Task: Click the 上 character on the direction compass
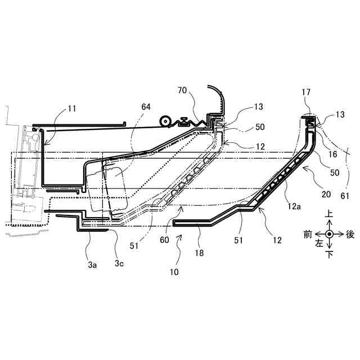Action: (329, 214)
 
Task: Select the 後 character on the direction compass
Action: (350, 234)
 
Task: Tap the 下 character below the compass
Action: (329, 254)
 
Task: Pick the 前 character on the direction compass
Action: (308, 234)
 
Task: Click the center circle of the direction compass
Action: (329, 234)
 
